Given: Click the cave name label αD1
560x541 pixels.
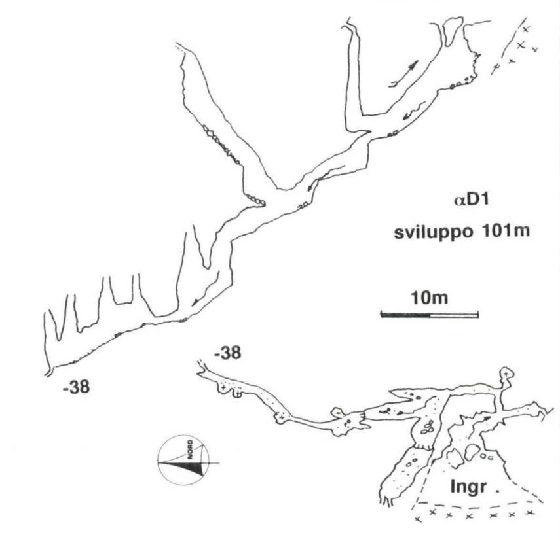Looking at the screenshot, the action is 471,200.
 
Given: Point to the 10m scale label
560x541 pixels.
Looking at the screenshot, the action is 429,298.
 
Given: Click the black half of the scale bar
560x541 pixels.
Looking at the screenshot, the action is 405,315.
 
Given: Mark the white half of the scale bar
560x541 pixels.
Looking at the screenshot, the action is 455,315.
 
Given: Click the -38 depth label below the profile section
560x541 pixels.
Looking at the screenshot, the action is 76,387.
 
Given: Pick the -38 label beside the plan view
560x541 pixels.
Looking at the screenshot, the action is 227,353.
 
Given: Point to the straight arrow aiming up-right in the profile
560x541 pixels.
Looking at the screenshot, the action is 403,74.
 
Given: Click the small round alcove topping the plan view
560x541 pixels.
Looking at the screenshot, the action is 506,374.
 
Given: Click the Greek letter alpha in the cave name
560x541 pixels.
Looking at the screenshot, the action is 458,201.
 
